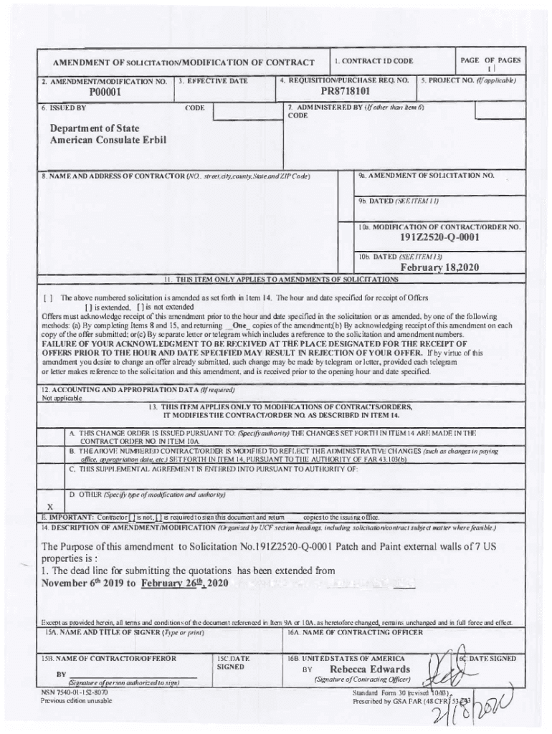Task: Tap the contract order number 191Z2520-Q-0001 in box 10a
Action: (440, 238)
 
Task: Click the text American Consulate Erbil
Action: (108, 140)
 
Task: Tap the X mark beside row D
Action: (49, 505)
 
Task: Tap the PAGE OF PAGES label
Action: (491, 60)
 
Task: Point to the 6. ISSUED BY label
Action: (65, 108)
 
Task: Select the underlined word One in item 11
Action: (234, 325)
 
